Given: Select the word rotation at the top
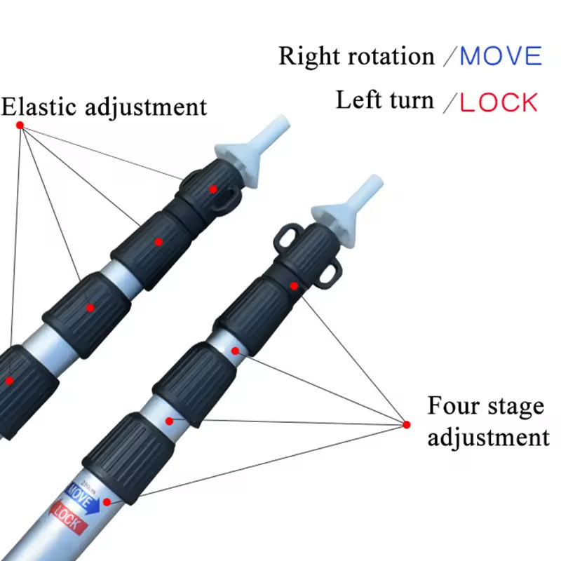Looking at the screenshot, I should click(387, 56).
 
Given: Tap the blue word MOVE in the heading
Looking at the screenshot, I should click(501, 56).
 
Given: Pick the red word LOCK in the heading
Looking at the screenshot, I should click(499, 102).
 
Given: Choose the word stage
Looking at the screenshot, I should click(515, 407).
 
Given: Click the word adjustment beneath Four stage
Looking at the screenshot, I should click(488, 438).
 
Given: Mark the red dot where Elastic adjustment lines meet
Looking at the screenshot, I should click(20, 125).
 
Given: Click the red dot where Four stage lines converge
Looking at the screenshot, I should click(407, 424).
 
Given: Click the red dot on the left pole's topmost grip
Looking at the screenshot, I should click(213, 189).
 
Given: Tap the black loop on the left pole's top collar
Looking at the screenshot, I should click(223, 203).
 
